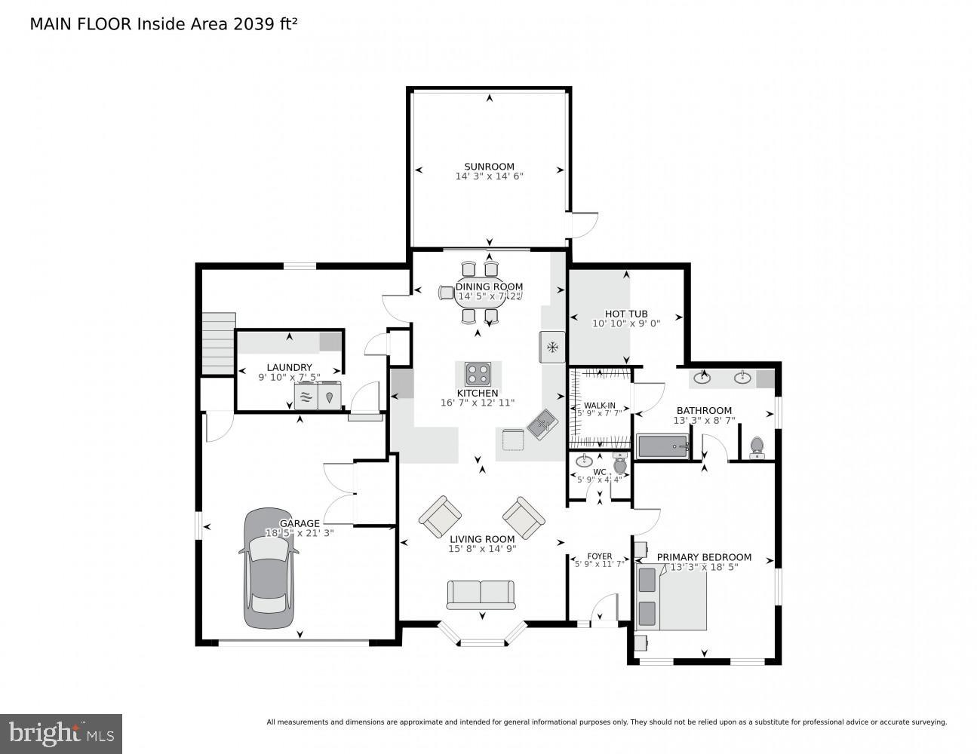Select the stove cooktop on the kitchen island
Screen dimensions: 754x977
pos(478,373)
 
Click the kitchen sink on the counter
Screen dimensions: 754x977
pos(542,425)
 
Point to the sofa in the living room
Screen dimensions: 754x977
pos(481,594)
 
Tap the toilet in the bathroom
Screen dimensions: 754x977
pos(757,448)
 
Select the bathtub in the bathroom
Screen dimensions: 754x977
pos(662,446)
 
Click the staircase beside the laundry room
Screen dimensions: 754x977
pos(219,343)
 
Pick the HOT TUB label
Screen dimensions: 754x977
pos(626,314)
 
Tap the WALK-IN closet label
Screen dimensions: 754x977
pos(599,405)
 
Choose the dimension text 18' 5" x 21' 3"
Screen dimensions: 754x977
pos(300,533)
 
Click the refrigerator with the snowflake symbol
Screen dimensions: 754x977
pos(552,347)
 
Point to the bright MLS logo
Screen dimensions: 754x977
pos(61,733)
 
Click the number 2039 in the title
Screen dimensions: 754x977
pos(254,23)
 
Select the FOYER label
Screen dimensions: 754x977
pos(600,556)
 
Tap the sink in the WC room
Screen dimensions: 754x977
pos(584,461)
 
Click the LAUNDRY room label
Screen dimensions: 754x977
pos(289,367)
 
